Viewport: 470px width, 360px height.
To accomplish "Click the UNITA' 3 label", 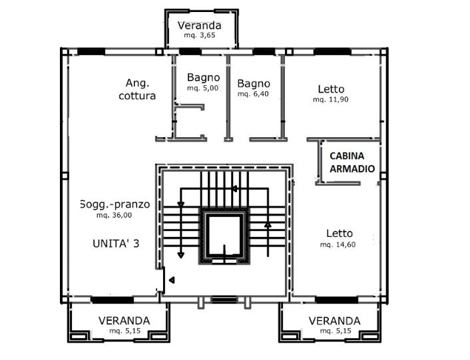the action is (x=116, y=244).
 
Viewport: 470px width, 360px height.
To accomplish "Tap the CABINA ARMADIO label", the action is (x=352, y=162).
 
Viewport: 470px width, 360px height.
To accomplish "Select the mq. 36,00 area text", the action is (x=115, y=215).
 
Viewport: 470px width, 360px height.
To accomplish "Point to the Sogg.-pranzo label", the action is (x=115, y=204).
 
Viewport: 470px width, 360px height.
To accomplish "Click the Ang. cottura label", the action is (x=137, y=89).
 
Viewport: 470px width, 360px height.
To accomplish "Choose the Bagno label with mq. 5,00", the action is (x=204, y=77).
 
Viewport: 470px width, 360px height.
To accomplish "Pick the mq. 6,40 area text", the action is (x=253, y=94).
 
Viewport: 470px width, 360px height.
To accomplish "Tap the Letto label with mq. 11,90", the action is (x=331, y=89).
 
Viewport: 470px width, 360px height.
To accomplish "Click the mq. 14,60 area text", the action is (x=338, y=245).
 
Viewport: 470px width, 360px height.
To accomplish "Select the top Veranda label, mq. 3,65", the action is (x=199, y=25).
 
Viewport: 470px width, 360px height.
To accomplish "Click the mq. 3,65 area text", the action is (x=200, y=35).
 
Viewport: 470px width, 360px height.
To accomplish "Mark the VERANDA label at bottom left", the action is (x=124, y=321).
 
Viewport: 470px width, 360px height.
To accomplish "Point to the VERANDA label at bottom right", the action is (x=334, y=321).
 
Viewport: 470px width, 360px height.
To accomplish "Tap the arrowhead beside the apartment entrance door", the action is (x=172, y=280).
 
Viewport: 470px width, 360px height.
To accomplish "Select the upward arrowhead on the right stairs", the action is (x=268, y=224).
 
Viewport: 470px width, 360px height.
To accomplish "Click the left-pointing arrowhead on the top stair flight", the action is (x=234, y=189).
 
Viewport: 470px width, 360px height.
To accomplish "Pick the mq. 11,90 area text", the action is (x=331, y=99).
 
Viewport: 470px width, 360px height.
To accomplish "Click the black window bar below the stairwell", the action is (x=224, y=299).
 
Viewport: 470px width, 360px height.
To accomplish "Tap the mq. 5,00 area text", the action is (x=202, y=88).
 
